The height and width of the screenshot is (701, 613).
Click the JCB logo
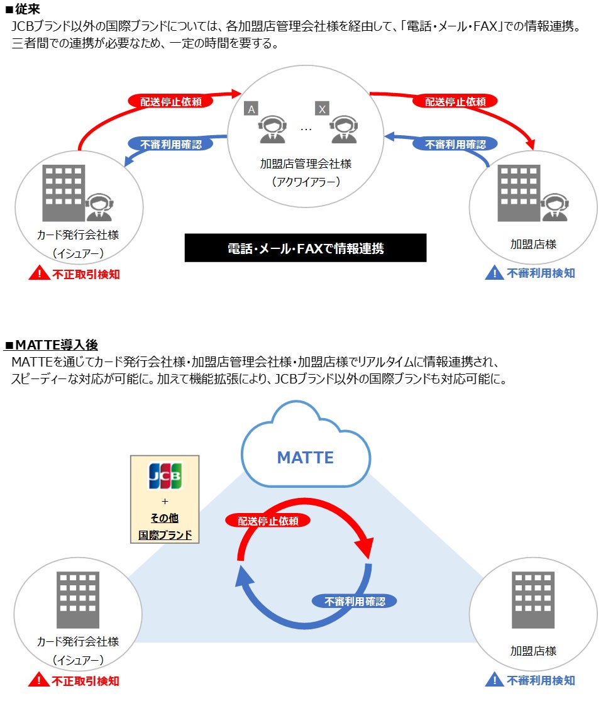(164, 476)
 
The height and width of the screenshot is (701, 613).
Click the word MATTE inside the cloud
(306, 457)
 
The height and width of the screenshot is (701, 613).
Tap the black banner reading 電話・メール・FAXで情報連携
(306, 248)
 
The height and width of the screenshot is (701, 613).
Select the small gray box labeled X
(322, 109)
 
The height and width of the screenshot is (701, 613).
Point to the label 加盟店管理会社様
(306, 163)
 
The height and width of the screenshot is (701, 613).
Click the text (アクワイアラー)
(306, 182)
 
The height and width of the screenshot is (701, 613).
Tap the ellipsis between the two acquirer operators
(306, 130)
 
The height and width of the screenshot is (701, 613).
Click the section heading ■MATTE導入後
(51, 345)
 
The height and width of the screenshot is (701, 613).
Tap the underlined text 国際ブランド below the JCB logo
(165, 535)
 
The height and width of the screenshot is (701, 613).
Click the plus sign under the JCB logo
(164, 502)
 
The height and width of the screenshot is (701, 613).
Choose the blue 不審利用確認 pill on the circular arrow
(355, 601)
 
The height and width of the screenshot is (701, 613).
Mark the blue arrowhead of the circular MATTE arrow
(243, 576)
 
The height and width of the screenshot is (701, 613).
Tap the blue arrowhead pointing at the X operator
(389, 136)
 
